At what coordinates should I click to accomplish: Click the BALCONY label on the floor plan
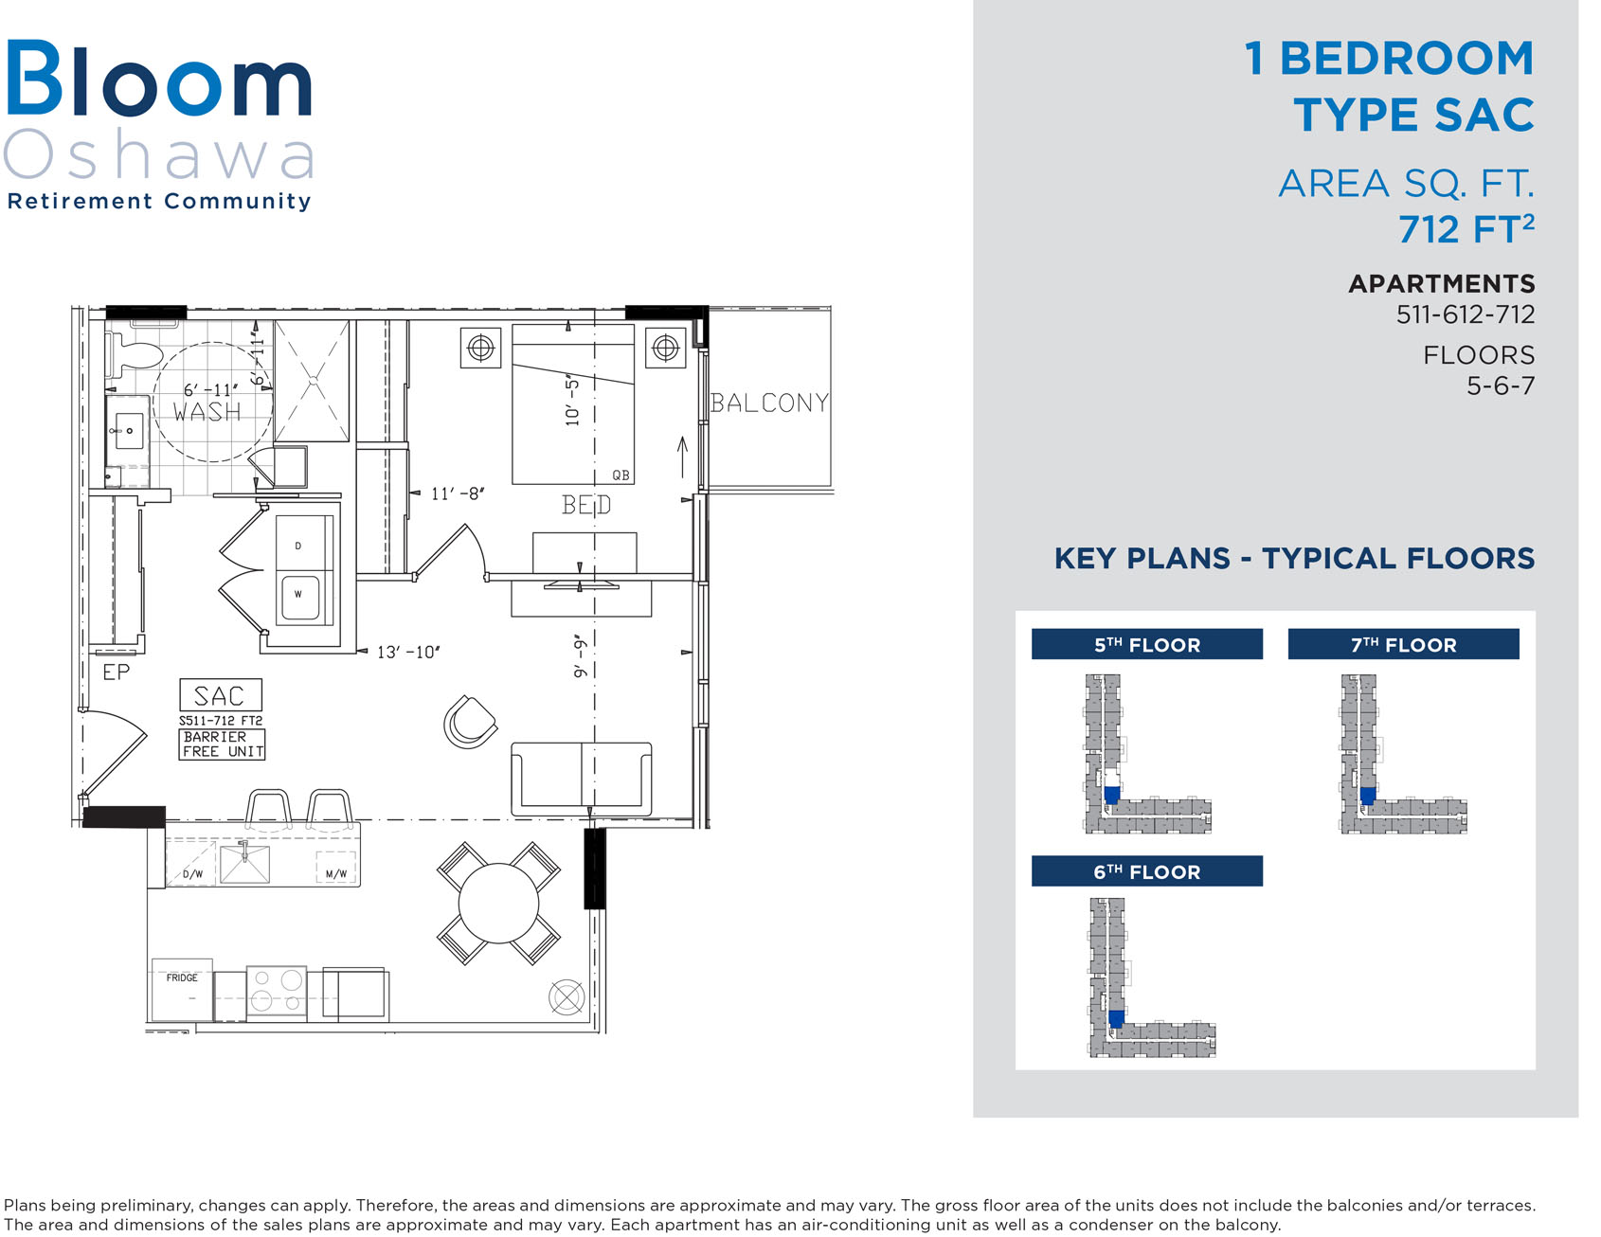(x=769, y=403)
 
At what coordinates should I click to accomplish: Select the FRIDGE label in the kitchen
(x=182, y=977)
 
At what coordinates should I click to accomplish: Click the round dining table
(x=498, y=903)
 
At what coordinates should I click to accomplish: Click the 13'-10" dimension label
(x=408, y=652)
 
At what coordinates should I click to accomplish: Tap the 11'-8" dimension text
(x=458, y=493)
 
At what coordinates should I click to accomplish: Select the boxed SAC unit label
(x=221, y=695)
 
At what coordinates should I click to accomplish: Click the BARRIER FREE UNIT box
(x=223, y=744)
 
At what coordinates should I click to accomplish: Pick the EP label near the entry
(x=117, y=672)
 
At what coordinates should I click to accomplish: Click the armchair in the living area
(x=470, y=722)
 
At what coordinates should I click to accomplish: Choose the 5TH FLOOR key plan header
(x=1146, y=644)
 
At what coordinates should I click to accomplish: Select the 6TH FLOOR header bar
(x=1146, y=871)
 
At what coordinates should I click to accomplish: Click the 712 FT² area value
(x=1466, y=228)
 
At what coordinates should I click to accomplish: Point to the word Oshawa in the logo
(x=159, y=155)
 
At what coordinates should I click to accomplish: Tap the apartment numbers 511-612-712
(x=1466, y=314)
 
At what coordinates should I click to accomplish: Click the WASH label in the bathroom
(x=207, y=412)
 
